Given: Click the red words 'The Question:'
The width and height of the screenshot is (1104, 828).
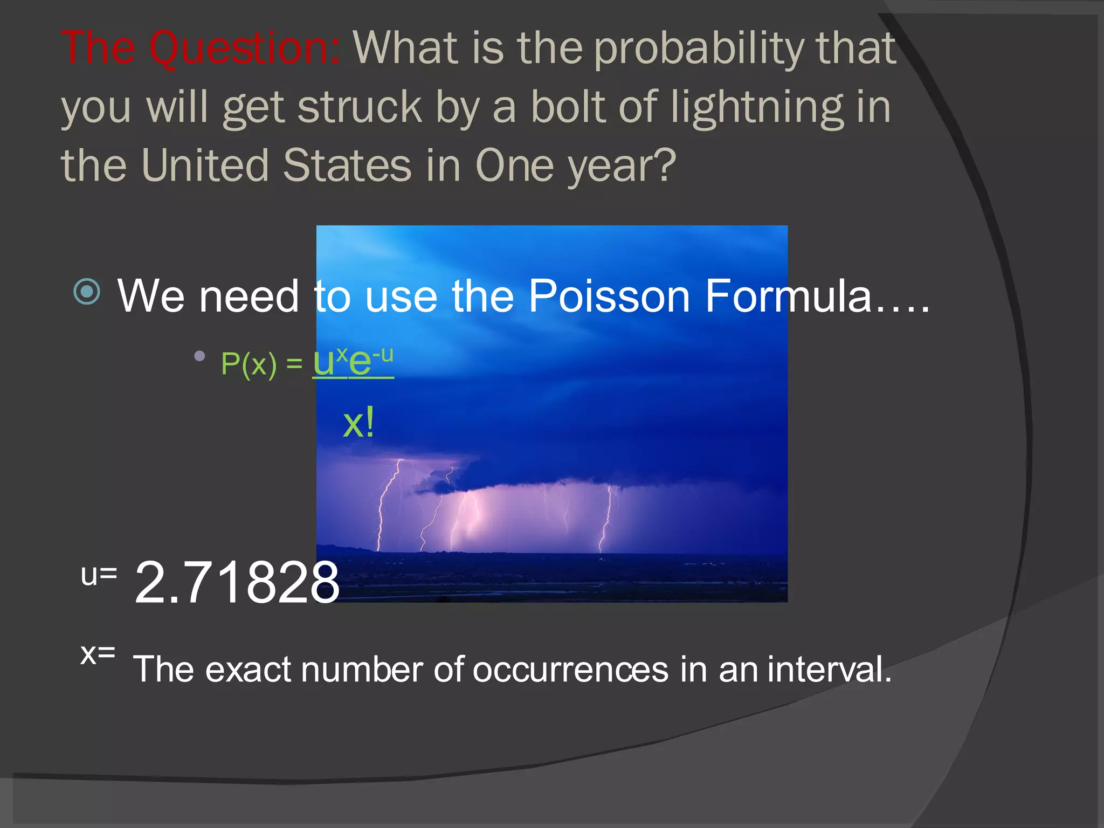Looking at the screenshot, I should [200, 49].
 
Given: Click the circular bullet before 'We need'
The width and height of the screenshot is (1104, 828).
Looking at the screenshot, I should [87, 292].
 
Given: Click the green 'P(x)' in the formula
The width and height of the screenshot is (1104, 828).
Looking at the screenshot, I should [249, 364].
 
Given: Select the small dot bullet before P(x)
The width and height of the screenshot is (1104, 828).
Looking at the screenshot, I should [199, 356].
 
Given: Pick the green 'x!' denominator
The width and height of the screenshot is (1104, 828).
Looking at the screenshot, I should [358, 423].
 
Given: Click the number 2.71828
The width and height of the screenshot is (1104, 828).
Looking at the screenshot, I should [237, 582].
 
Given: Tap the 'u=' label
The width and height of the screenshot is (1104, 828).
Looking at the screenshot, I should [99, 575].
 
